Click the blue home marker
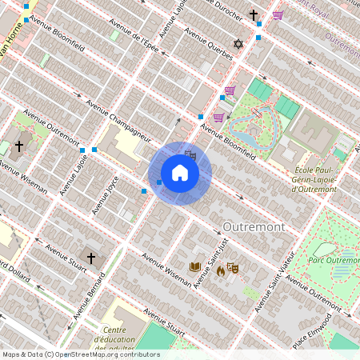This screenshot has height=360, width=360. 180,172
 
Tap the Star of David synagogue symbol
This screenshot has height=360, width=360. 238,43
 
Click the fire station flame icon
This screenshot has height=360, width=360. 221,271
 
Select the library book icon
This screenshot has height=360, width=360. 195,266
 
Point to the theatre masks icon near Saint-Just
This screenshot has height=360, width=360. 233,267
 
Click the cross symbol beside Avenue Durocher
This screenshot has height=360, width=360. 254,15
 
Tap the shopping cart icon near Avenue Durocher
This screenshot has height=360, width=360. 278,14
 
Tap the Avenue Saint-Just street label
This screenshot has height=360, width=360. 210,260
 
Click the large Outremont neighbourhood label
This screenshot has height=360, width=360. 254,227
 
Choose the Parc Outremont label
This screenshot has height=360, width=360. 334,260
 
